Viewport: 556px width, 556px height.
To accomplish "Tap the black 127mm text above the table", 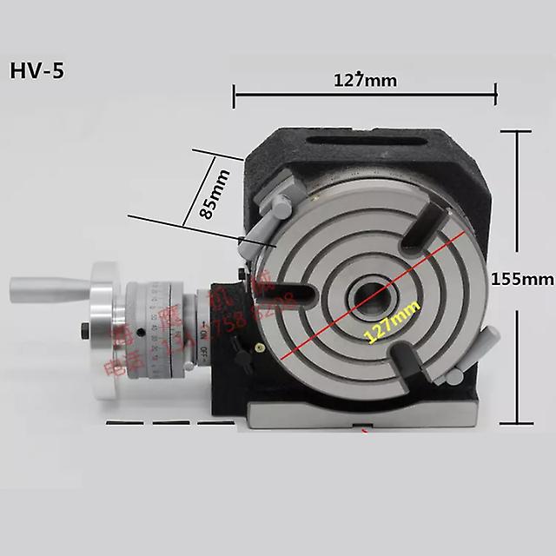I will point(366,81).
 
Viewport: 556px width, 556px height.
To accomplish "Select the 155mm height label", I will point(521,279).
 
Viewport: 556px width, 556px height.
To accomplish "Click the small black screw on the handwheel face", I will point(84,329).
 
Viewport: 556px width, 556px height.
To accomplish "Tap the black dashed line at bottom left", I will point(169,423).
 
